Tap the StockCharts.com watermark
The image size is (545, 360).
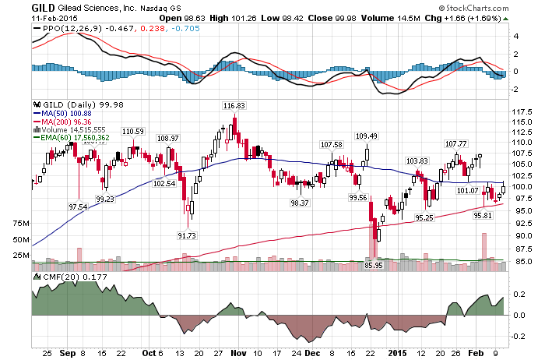pyautogui.click(x=473, y=8)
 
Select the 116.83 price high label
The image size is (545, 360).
pyautogui.click(x=234, y=105)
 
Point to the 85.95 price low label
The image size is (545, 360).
pyautogui.click(x=374, y=266)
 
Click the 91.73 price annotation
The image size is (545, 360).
pyautogui.click(x=187, y=235)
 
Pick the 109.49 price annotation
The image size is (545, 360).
pyautogui.click(x=367, y=136)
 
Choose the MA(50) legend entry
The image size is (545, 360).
pyautogui.click(x=62, y=114)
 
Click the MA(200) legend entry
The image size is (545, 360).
pyautogui.click(x=62, y=122)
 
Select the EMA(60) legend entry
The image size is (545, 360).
pyautogui.click(x=72, y=138)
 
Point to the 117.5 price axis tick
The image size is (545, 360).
pyautogui.click(x=522, y=112)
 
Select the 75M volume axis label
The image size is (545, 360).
pyautogui.click(x=21, y=224)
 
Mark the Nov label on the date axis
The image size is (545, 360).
pyautogui.click(x=239, y=354)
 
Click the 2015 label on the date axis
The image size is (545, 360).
pyautogui.click(x=398, y=354)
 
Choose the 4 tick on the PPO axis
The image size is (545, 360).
pyautogui.click(x=516, y=36)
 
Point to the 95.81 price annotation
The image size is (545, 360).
pyautogui.click(x=483, y=215)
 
